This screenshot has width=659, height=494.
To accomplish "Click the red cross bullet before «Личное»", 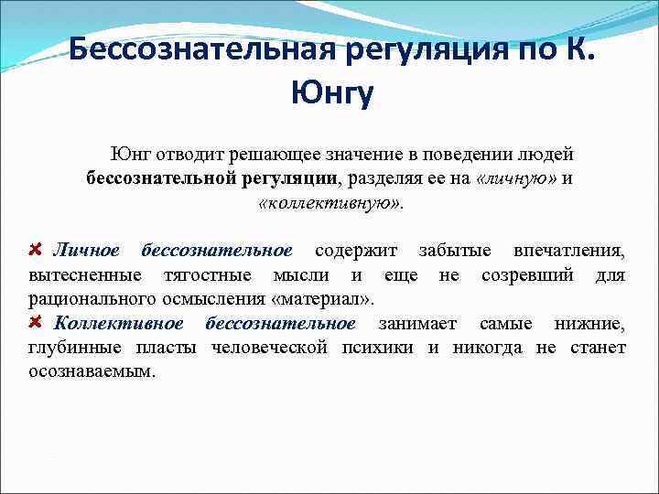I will [x=37, y=250].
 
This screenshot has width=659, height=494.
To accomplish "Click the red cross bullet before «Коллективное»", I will [x=37, y=322].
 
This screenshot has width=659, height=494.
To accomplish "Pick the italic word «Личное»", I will [x=86, y=251].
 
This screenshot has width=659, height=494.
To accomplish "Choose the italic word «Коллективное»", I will [x=119, y=323].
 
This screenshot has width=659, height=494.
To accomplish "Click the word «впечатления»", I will [x=569, y=251].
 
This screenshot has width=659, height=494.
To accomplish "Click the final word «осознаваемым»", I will [x=92, y=371].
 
